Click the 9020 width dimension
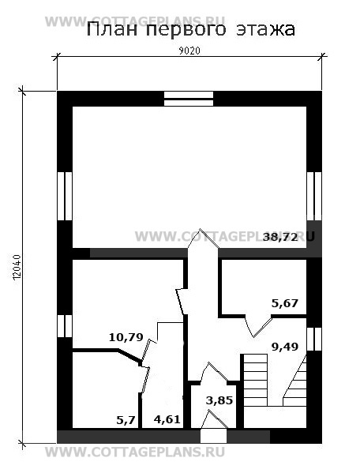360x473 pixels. point(189,51)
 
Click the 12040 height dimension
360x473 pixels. point(17,267)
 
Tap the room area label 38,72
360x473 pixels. point(280,237)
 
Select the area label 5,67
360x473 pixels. point(285,303)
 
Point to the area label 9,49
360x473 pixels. point(285,347)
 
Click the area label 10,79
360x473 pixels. point(126,337)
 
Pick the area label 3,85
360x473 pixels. point(219,400)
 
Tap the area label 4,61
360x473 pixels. point(167,419)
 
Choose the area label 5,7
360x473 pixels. point(126,419)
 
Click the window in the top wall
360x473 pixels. point(189,99)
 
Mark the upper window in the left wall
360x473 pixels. point(65,196)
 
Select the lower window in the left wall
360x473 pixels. point(65,326)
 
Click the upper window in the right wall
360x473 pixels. point(314,196)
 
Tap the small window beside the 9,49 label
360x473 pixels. point(314,339)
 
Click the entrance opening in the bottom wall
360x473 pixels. point(213,436)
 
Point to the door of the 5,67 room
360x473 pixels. point(258,326)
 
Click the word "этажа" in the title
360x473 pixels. point(265,30)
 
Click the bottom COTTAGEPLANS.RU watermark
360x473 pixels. point(135,452)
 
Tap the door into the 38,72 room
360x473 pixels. point(203,238)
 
